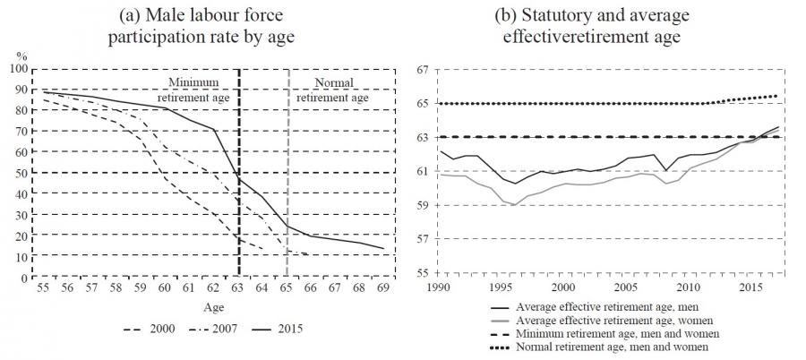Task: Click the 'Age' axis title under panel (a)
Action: tap(212, 307)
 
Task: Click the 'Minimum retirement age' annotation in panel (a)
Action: tap(200, 90)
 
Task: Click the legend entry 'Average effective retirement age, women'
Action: tap(627, 320)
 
